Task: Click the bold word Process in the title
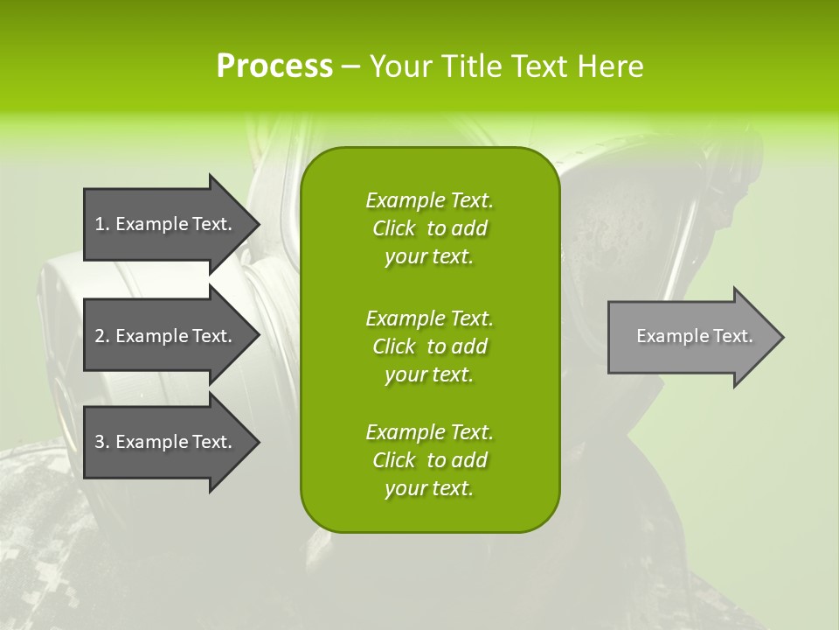point(274,66)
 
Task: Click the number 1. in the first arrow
point(102,224)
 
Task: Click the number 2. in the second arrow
point(102,336)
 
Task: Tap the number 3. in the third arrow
point(102,442)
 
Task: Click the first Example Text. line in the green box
point(429,200)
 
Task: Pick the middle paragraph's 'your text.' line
point(429,374)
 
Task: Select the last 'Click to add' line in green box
point(429,460)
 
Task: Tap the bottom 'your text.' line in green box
point(429,488)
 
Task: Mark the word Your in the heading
point(401,66)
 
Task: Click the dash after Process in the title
point(350,67)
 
